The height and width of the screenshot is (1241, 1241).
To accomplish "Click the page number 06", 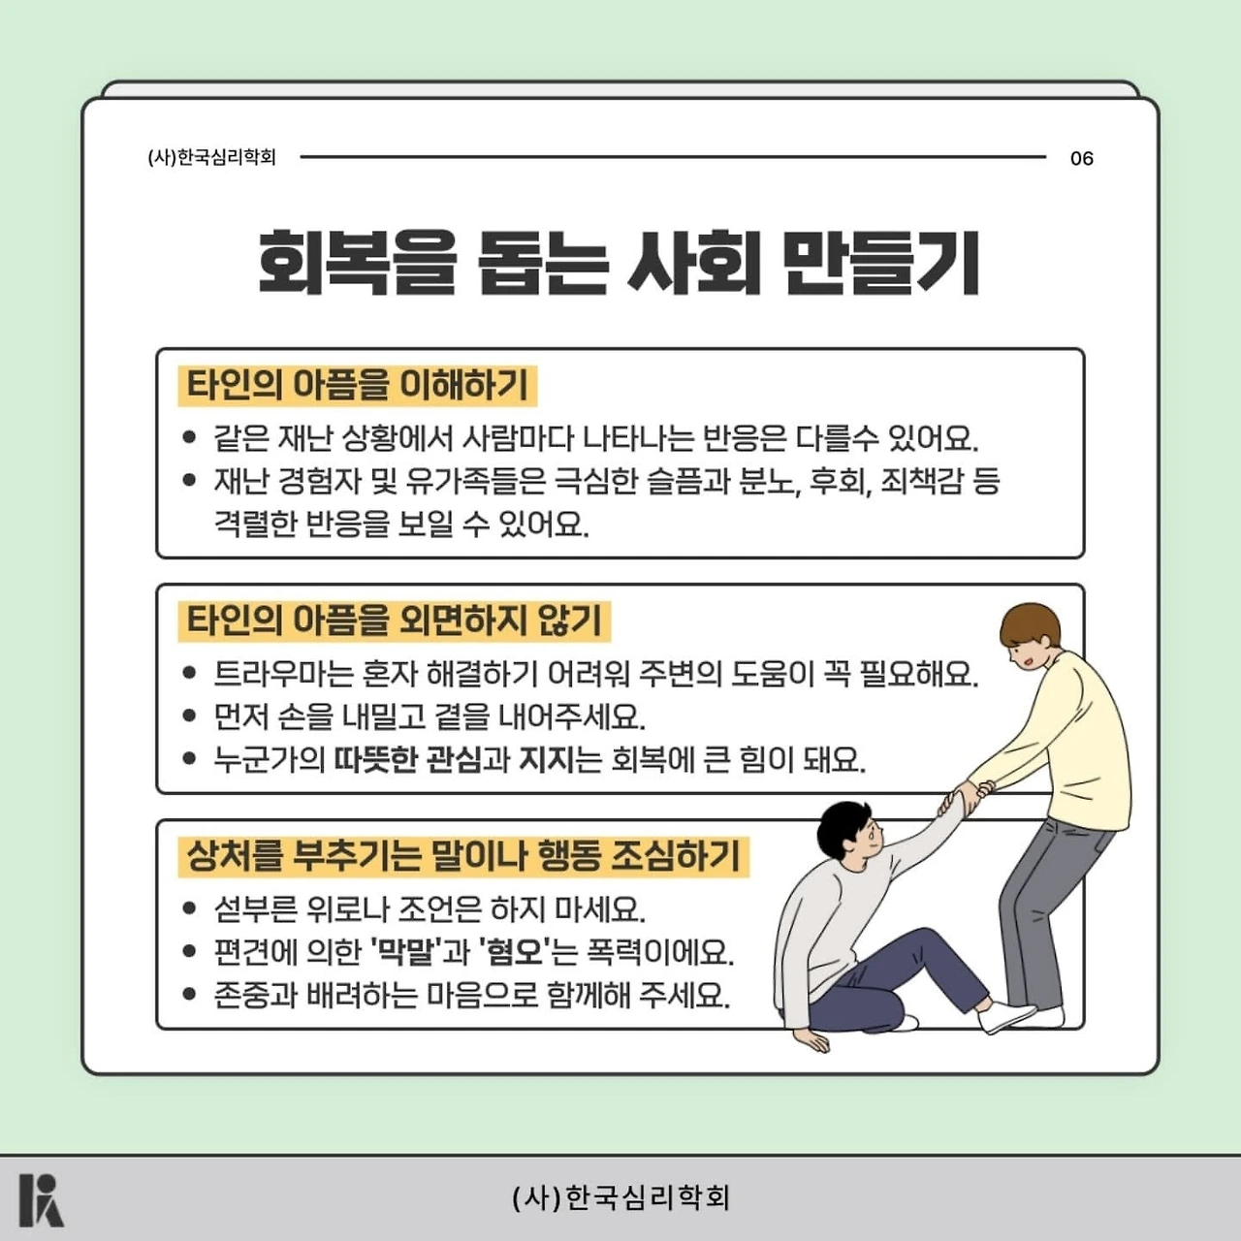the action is coord(1081,158).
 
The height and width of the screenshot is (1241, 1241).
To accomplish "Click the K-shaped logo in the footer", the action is coord(42,1200).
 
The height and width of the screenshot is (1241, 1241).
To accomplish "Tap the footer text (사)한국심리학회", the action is coord(620,1197).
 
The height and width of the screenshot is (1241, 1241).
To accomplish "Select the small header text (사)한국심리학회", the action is coord(212,158).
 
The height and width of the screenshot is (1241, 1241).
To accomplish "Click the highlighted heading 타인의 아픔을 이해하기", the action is coord(358,385).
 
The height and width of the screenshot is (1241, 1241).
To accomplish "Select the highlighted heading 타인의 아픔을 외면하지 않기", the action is coord(395,620).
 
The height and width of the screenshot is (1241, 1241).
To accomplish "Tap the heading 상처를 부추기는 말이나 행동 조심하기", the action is coord(463,856).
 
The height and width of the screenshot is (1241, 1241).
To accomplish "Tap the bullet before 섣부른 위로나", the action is coord(189,908).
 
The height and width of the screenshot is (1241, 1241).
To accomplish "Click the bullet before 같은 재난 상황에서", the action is coord(189,436).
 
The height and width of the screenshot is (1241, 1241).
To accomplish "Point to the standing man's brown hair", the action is coord(1031,623).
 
